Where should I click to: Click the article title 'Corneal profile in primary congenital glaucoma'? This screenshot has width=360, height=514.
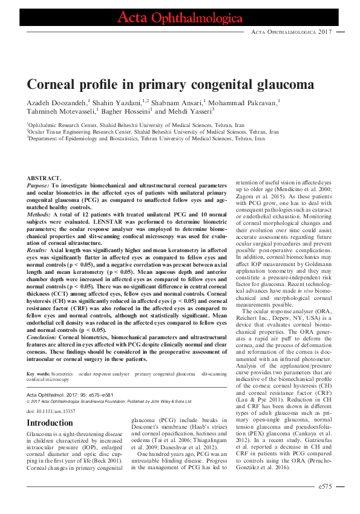(170, 83)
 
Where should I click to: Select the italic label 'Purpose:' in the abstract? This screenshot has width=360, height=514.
(38, 184)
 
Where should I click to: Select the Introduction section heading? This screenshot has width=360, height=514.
(50, 423)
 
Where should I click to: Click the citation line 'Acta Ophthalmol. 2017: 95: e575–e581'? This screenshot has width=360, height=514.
(74, 394)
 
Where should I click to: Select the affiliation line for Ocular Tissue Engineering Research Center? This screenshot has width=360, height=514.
(153, 131)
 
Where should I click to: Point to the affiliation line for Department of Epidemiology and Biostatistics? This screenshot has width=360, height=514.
(138, 138)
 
